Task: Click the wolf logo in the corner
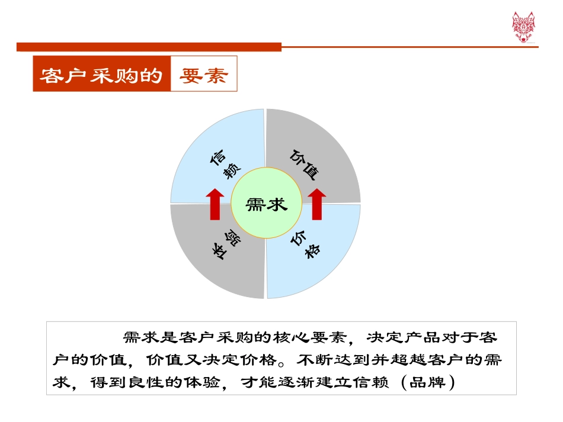(523, 27)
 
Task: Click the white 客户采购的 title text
(101, 75)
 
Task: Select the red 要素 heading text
(204, 75)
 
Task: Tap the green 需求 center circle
(266, 204)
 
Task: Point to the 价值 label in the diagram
(305, 164)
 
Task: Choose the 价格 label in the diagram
(305, 243)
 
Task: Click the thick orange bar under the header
(149, 47)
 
